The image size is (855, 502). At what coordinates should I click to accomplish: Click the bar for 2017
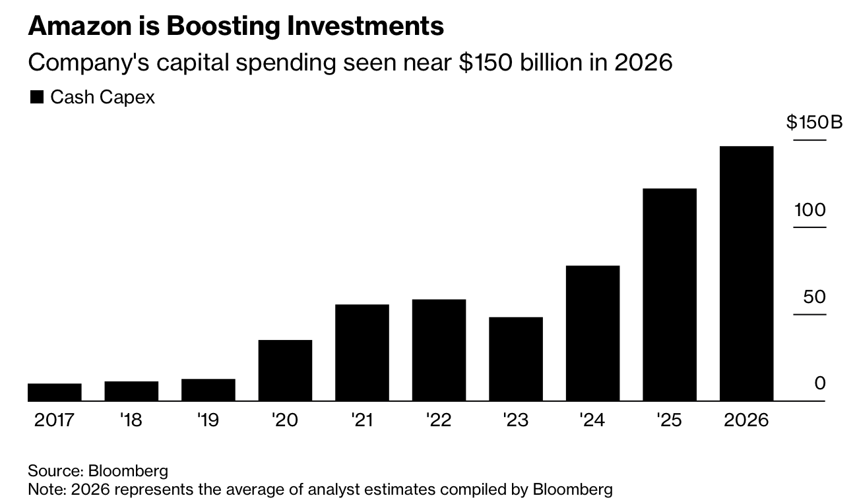[55, 393]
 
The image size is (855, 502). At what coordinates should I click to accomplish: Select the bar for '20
[285, 370]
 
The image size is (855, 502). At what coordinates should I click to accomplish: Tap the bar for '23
[515, 359]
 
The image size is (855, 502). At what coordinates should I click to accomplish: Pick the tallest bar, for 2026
[746, 273]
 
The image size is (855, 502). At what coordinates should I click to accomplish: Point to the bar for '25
[669, 294]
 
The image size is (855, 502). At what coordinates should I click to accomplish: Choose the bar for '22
[439, 350]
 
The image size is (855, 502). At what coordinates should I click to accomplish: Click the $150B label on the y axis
[814, 123]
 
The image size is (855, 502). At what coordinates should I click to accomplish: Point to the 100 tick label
[810, 210]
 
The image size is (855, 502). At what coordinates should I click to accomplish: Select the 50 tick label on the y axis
[814, 297]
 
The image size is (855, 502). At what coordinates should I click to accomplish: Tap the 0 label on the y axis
[820, 383]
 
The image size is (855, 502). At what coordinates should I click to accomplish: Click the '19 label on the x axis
[208, 420]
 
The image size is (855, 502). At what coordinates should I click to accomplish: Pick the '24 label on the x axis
[592, 420]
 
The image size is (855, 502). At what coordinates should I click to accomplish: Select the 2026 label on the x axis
[746, 420]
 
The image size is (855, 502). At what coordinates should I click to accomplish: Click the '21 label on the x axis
[362, 420]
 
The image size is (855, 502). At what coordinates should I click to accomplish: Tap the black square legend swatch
[38, 98]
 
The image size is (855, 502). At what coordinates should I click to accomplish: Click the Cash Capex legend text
[102, 98]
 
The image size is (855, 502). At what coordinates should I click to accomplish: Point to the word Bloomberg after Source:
[128, 471]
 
